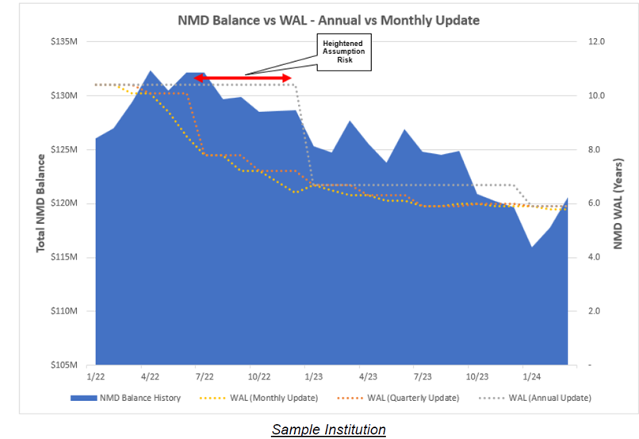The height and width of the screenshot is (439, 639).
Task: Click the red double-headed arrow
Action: pos(244,78)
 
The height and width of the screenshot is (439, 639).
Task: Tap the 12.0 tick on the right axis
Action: pos(593,41)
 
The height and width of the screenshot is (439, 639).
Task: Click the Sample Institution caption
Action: pos(328,429)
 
